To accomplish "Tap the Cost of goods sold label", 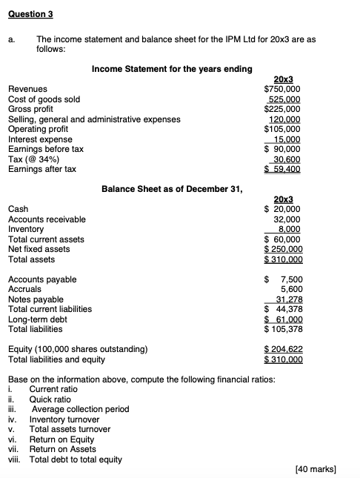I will (44, 99).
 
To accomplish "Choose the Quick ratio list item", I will (51, 399).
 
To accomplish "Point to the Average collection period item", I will (80, 409).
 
